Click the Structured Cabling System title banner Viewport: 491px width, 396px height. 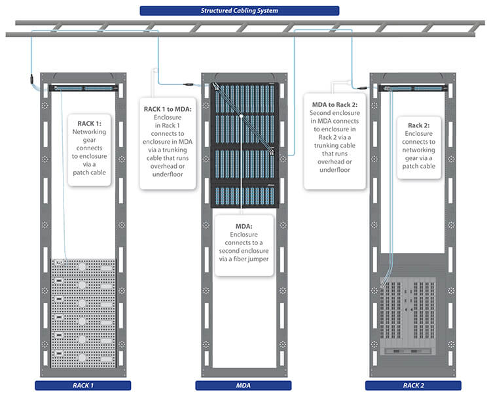coord(239,10)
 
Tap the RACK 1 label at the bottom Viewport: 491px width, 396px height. coord(82,385)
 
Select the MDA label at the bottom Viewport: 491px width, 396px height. coord(244,385)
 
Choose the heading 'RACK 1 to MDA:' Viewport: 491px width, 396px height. coord(168,108)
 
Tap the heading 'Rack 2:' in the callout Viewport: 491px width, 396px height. coord(418,125)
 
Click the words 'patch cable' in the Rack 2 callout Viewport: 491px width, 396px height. coord(418,166)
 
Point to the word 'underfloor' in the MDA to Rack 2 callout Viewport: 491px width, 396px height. coord(335,170)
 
